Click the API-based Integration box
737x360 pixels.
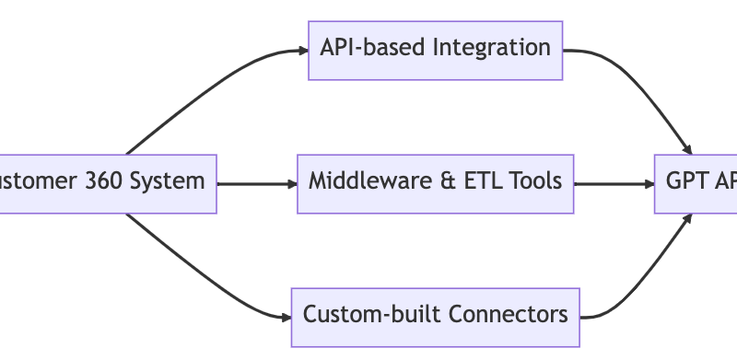point(435,50)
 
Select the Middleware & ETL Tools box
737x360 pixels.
point(435,182)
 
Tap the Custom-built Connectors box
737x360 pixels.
point(435,316)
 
